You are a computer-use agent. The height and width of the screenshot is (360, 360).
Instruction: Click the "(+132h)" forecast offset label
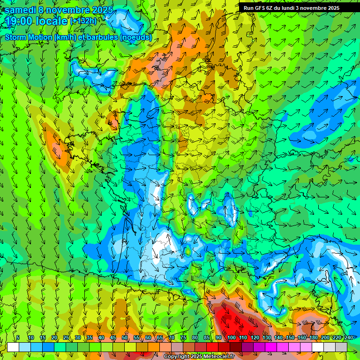click(84, 21)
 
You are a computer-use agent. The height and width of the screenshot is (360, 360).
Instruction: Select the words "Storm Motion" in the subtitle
click(29, 37)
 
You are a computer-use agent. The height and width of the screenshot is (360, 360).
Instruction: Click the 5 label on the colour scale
click(18, 337)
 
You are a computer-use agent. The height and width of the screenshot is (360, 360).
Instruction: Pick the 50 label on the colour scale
click(125, 337)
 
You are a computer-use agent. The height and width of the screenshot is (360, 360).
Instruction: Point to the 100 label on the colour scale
click(232, 337)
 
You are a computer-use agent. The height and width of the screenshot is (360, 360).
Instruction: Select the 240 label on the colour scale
click(348, 337)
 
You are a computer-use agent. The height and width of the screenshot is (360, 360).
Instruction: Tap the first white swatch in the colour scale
click(13, 347)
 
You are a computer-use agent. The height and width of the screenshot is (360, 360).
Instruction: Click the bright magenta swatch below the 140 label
click(283, 347)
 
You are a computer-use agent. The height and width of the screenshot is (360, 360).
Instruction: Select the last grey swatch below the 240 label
click(341, 347)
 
